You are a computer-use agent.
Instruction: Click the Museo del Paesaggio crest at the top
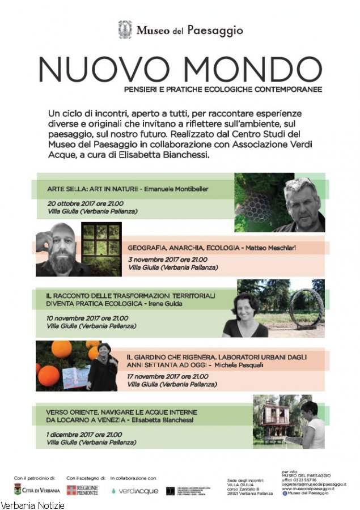pyautogui.click(x=125, y=30)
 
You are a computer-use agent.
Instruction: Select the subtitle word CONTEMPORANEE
pyautogui.click(x=290, y=89)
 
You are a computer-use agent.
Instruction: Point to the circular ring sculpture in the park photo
pyautogui.click(x=306, y=309)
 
